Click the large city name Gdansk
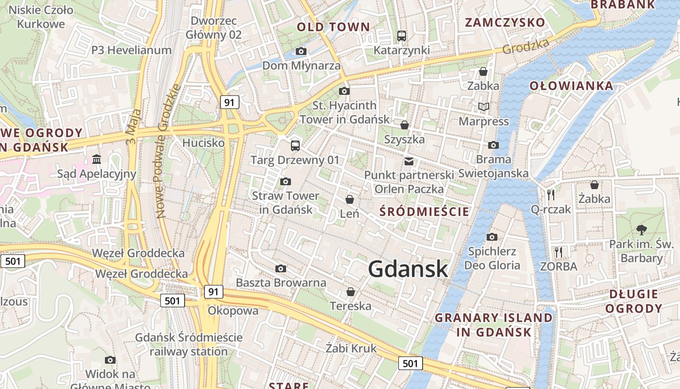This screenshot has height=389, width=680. point(408,269)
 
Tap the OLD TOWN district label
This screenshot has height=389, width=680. point(333,27)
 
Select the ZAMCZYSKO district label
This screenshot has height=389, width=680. point(505,22)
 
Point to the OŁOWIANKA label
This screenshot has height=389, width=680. point(571,86)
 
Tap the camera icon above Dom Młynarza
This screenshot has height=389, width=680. point(301,52)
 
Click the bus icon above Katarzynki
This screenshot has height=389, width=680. point(401,35)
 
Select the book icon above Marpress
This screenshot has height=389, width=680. point(484,107)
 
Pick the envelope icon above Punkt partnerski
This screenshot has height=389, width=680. point(409,161)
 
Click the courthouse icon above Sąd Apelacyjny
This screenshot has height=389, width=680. point(97,159)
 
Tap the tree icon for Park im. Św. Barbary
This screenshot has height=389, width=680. point(642,230)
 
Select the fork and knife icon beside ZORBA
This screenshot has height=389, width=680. point(559,252)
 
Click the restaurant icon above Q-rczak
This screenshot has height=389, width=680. point(550,195)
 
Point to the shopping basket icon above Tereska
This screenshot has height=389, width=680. point(350,292)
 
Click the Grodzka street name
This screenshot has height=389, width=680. point(526,46)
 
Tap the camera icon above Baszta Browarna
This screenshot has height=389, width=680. point(280,269)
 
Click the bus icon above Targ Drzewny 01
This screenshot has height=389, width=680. point(295,145)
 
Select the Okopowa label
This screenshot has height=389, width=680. point(233,311)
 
